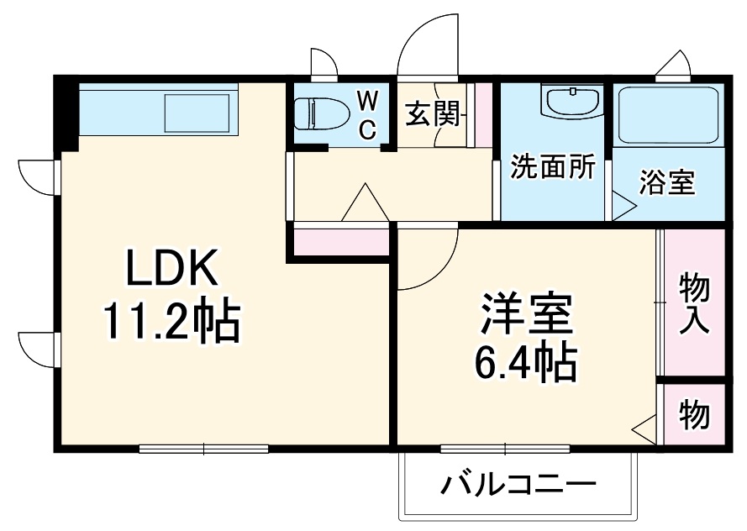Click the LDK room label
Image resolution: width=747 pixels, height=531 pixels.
point(173,270)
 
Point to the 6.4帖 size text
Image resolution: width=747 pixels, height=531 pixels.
point(527,363)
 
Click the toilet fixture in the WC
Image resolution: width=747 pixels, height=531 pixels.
point(319,113)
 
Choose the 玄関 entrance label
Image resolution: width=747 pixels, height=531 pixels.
point(434,114)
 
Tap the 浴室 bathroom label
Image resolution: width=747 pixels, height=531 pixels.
point(667,182)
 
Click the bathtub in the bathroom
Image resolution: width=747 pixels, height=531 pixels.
point(668,115)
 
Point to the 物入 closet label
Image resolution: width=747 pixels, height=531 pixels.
point(694,302)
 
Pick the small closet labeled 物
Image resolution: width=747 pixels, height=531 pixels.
point(694,414)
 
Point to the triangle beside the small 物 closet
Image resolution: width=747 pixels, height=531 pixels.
point(646,428)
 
